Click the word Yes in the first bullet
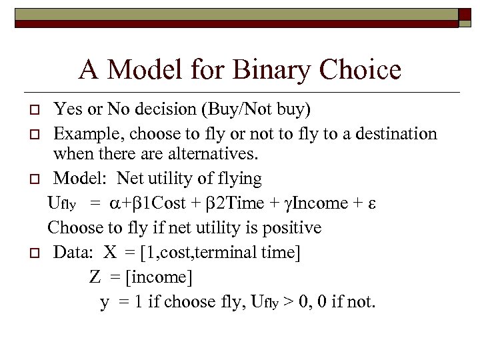[x=66, y=108]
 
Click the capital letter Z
[x=95, y=277]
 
